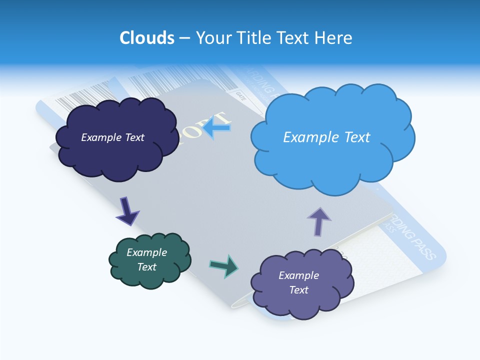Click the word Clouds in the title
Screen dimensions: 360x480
click(x=147, y=38)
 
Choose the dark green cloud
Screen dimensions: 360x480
click(x=150, y=277)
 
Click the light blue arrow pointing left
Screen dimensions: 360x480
click(x=217, y=127)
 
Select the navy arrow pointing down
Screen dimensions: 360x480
click(x=127, y=210)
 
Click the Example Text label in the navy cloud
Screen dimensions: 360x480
click(x=112, y=137)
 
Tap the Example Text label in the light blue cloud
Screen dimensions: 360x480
click(x=326, y=137)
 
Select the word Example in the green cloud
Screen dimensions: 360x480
click(x=146, y=252)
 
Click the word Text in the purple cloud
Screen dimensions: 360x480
click(x=298, y=290)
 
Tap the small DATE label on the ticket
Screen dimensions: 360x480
click(x=241, y=93)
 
